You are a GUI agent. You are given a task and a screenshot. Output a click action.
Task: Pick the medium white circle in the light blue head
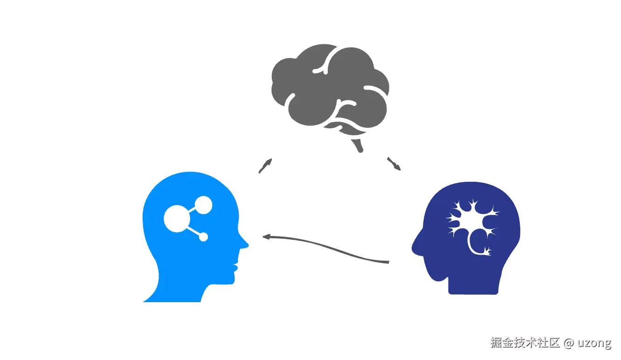(203, 205)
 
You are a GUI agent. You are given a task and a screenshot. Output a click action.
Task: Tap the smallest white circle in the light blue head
(203, 237)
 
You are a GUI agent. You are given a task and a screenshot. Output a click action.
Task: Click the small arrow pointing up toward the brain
(265, 166)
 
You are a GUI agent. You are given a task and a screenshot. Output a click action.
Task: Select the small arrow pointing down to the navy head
(394, 164)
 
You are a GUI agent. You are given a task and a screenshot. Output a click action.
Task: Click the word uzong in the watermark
(594, 343)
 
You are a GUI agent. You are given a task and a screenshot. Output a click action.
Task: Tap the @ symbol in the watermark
(568, 343)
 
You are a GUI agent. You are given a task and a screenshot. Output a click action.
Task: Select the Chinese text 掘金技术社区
(524, 343)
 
